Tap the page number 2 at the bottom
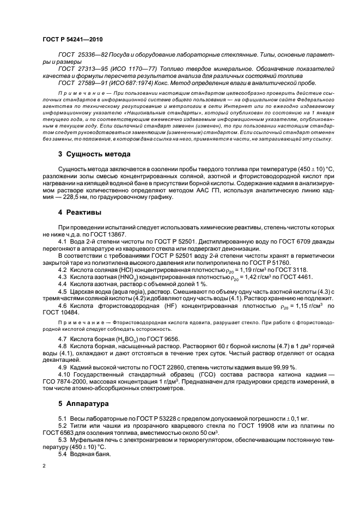(x=44, y=466)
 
